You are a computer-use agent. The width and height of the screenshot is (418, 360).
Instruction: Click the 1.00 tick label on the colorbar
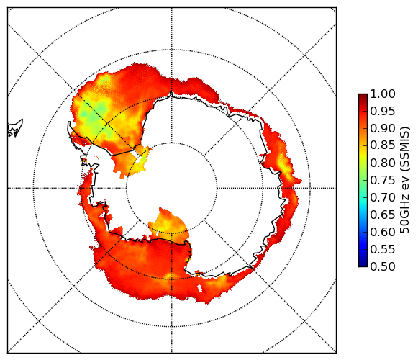coord(383,94)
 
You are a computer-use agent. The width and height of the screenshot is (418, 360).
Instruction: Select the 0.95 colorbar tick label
coord(383,112)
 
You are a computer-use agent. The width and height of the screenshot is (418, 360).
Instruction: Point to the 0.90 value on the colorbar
coord(383,128)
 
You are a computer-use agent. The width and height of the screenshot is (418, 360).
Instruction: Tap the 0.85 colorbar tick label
coord(383,145)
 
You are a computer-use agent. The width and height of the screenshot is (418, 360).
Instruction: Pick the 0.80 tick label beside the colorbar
coord(383,163)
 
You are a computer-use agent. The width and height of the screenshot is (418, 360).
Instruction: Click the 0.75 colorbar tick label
coord(383,180)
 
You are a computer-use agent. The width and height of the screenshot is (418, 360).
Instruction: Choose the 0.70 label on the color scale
coord(383,197)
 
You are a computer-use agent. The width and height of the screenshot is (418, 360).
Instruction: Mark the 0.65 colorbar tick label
coord(383,215)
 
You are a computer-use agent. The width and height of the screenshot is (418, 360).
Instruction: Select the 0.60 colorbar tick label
coord(383,232)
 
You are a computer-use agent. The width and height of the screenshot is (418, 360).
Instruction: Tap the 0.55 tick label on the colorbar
coord(383,249)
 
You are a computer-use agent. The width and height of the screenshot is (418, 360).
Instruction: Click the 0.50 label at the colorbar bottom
coord(383,266)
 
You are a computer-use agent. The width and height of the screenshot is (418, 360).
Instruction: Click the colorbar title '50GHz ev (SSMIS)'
coord(405,180)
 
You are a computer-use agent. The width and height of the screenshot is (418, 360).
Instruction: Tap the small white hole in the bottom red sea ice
coord(200,289)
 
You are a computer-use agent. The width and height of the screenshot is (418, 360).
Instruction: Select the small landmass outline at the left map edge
coord(14,128)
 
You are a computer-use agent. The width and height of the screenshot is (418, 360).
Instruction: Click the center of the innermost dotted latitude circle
coord(172,188)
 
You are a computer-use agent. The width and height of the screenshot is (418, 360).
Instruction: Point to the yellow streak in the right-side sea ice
coord(285,168)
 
